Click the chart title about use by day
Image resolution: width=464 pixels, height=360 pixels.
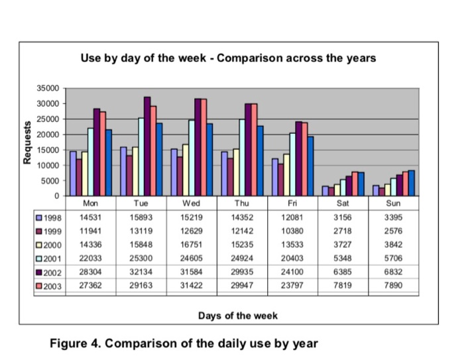[228, 58]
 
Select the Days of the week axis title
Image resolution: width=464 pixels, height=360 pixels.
[238, 316]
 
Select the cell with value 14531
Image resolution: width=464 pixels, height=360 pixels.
[90, 217]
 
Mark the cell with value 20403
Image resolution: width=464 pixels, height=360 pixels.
[293, 257]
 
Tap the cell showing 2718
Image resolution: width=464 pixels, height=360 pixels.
[343, 230]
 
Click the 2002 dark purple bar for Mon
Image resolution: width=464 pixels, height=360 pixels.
[97, 152]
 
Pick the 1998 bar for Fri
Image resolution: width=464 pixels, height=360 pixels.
[275, 177]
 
